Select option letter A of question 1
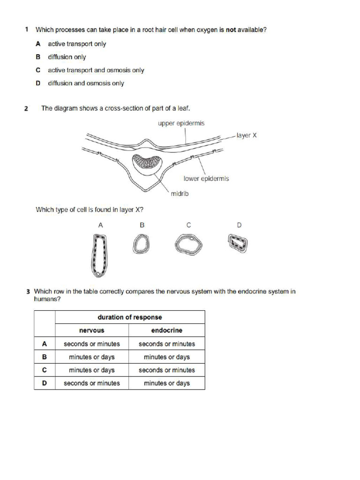tap(38, 44)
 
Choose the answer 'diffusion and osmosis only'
tap(86, 83)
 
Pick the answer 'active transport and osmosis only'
tap(96, 70)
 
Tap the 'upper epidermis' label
tap(181, 123)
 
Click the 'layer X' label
tap(247, 135)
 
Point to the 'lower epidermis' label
tap(206, 179)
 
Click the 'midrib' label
tap(180, 193)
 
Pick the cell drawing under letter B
tap(140, 244)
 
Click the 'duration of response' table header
tap(130, 317)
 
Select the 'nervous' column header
tap(92, 330)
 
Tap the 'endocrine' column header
tap(167, 330)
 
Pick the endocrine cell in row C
tap(167, 370)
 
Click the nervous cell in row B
tap(92, 357)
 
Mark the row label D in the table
tap(45, 383)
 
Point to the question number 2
tap(27, 109)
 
